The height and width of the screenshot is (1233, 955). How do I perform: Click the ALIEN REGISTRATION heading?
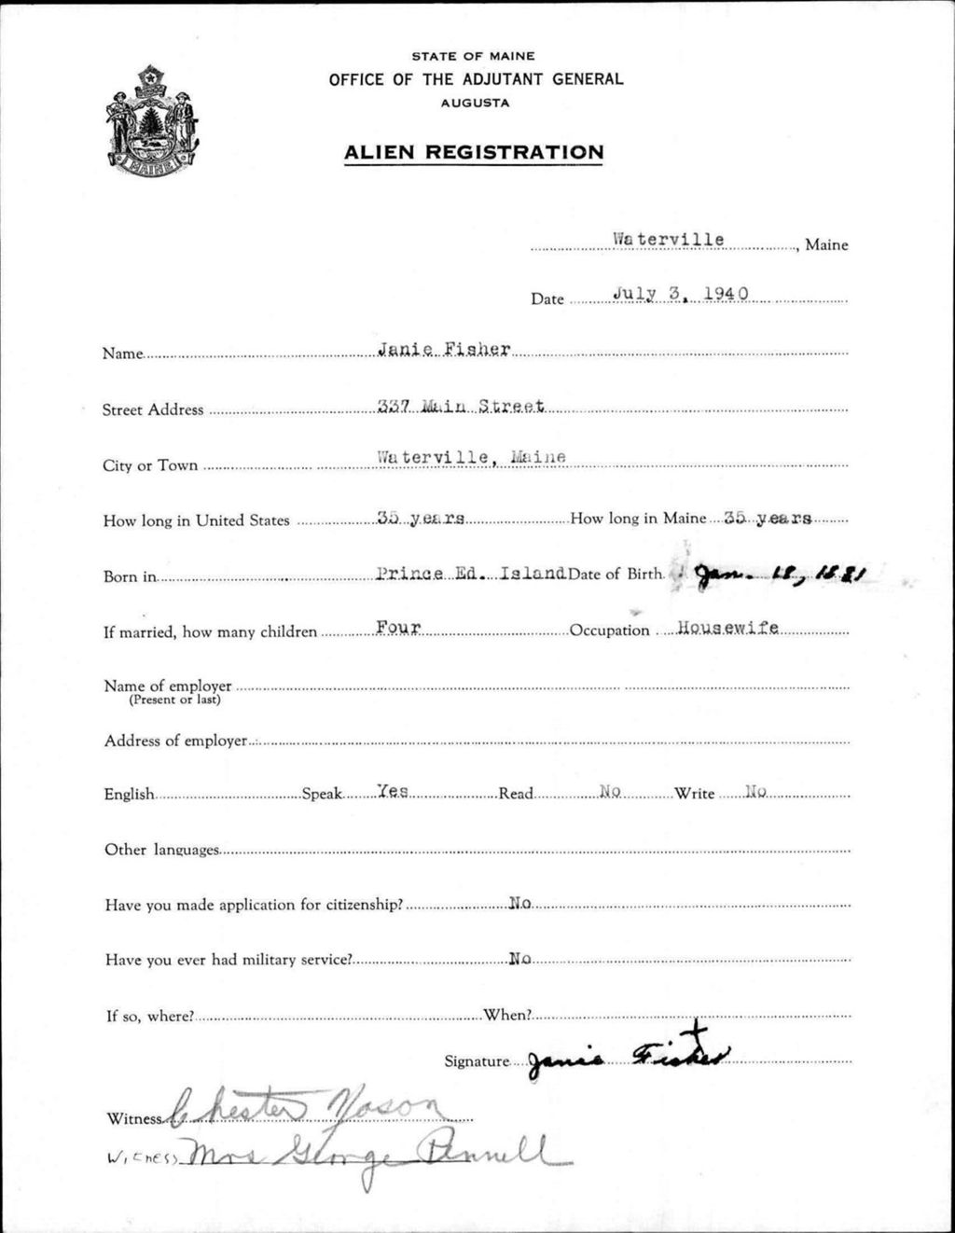pos(474,152)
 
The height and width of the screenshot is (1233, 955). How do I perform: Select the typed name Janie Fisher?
pos(444,350)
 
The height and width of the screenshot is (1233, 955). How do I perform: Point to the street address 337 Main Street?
pos(460,406)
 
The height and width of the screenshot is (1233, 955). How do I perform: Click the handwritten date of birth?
pos(781,575)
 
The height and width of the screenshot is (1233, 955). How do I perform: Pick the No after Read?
pos(610,791)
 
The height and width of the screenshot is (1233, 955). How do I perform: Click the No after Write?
pos(755,791)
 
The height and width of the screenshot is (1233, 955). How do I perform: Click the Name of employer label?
pos(168,686)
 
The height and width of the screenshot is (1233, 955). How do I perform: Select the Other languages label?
pos(162,850)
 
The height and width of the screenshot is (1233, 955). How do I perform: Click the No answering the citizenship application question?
pos(519,903)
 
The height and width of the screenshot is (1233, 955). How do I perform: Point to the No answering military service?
pos(519,959)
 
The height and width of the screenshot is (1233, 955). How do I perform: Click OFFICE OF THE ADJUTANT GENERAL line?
pos(476,80)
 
